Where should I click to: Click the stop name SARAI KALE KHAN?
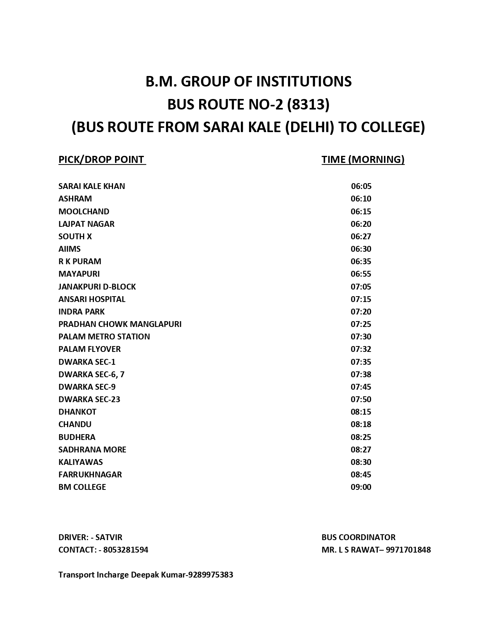[x=92, y=186]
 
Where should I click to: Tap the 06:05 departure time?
[x=361, y=186]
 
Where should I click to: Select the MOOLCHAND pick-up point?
[x=84, y=211]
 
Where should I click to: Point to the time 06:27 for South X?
[x=361, y=237]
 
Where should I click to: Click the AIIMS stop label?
[x=69, y=249]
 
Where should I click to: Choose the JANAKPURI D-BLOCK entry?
[x=97, y=287]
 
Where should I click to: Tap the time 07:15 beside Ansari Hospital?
[x=361, y=299]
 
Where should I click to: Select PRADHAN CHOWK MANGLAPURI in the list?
[x=120, y=324]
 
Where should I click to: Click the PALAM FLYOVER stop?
[x=89, y=349]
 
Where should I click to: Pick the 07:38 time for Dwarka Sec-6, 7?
[x=361, y=374]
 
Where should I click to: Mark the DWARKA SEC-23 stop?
[x=89, y=399]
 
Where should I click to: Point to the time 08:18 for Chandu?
[x=361, y=424]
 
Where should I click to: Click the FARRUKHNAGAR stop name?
[x=90, y=475]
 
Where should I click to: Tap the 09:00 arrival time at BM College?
[x=361, y=487]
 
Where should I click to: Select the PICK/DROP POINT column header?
[x=101, y=159]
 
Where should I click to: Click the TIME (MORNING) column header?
[x=363, y=159]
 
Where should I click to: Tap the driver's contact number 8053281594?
[x=126, y=550]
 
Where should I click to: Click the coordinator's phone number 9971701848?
[x=408, y=550]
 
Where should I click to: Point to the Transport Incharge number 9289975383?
[x=210, y=575]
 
